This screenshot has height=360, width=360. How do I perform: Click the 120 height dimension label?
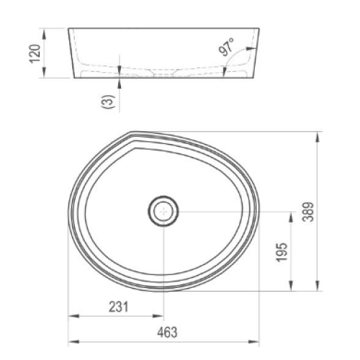pos(35,54)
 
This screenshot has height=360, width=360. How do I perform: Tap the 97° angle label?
pos(227,47)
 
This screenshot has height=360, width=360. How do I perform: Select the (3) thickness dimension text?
pos(109,102)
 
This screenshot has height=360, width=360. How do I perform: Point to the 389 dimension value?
pos(308,212)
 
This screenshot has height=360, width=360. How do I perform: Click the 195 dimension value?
pos(282,252)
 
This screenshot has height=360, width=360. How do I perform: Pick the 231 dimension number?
pos(119,307)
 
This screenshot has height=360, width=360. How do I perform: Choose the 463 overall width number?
pos(167,333)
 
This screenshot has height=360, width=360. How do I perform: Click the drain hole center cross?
pos(163,212)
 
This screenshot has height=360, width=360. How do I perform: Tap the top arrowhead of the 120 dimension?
pos(44,34)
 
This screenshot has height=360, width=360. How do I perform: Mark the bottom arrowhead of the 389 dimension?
pos(318,286)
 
